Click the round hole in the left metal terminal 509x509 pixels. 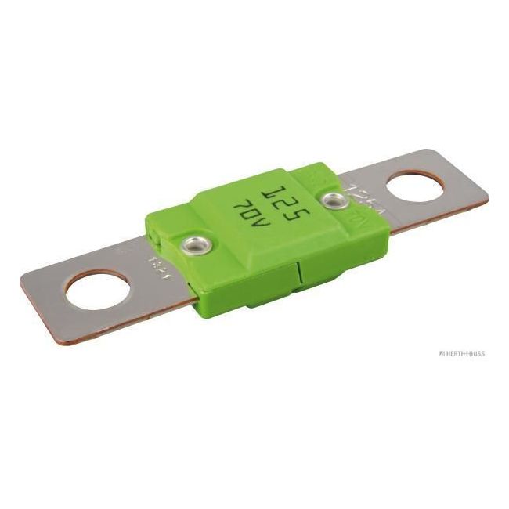93,293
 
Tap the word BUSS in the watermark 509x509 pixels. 477,353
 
